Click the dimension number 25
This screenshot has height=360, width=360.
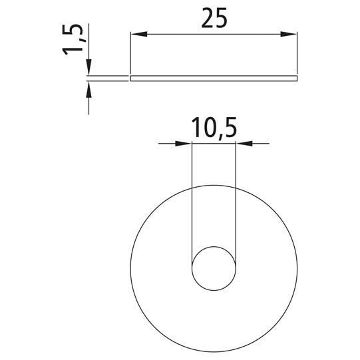(x=214, y=18)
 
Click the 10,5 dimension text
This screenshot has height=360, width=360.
(x=214, y=128)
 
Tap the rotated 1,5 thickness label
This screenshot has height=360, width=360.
(x=72, y=39)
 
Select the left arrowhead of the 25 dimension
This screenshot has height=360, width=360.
(x=138, y=34)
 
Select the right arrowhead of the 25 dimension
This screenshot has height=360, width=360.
(x=289, y=34)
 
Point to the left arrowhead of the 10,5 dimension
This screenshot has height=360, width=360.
(x=184, y=144)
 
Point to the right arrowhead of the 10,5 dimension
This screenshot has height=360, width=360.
(x=244, y=144)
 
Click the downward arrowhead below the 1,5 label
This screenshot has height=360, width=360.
(x=89, y=67)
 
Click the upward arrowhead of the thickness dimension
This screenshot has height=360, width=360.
(x=89, y=89)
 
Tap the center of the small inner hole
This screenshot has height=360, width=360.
(x=214, y=268)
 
